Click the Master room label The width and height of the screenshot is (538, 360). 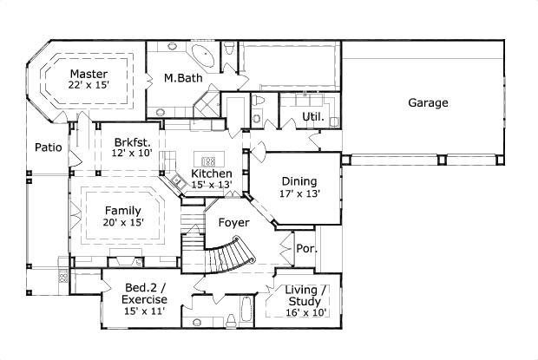[89, 74]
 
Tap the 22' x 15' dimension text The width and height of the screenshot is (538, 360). [89, 86]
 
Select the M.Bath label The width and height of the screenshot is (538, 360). [183, 79]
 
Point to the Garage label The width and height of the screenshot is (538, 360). [428, 103]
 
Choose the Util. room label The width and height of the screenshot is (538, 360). [313, 116]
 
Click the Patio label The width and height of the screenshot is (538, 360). [48, 147]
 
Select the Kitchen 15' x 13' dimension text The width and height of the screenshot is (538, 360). [212, 185]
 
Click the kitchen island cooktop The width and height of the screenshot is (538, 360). [208, 160]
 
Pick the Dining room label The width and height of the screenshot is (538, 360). [299, 181]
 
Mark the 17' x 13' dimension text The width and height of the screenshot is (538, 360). [299, 193]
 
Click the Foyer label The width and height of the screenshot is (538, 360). [233, 222]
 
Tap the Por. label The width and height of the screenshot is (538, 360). [307, 248]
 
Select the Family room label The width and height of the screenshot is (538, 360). [122, 210]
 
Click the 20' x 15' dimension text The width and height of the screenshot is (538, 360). [122, 222]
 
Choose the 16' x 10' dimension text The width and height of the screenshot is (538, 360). [306, 313]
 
